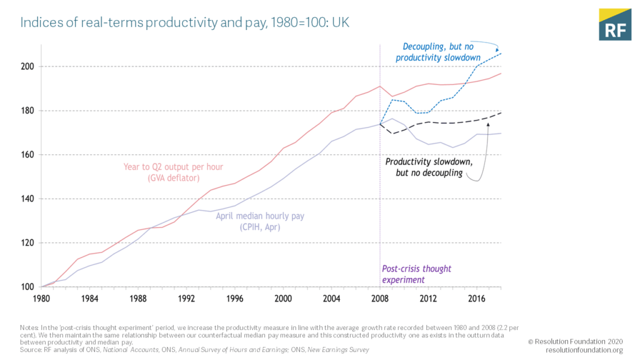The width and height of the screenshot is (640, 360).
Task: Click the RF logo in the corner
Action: [614, 24]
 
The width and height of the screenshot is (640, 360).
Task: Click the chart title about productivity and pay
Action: [184, 23]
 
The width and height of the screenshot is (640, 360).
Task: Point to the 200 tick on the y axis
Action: [27, 66]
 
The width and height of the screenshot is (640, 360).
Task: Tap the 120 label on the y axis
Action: [27, 243]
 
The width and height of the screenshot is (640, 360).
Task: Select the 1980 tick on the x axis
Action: [41, 298]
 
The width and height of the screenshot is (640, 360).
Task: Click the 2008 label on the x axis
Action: [379, 298]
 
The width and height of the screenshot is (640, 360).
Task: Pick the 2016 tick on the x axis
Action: [476, 298]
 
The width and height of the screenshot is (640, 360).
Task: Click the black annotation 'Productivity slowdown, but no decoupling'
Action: [429, 167]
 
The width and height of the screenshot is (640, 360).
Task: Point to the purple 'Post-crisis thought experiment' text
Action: [416, 274]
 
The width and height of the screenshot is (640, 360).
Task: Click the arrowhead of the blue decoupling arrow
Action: [498, 50]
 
